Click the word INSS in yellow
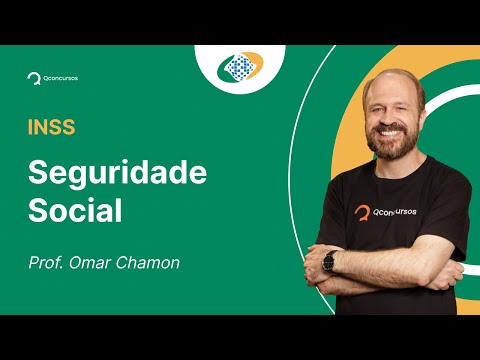coord(51,128)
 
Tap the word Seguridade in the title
coord(116,172)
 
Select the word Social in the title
coord(74,212)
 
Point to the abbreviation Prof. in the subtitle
coord(46,265)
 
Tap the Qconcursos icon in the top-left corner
coord(34,76)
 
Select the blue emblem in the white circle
coord(240,67)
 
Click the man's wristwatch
coord(329,262)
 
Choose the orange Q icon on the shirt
coord(362,212)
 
